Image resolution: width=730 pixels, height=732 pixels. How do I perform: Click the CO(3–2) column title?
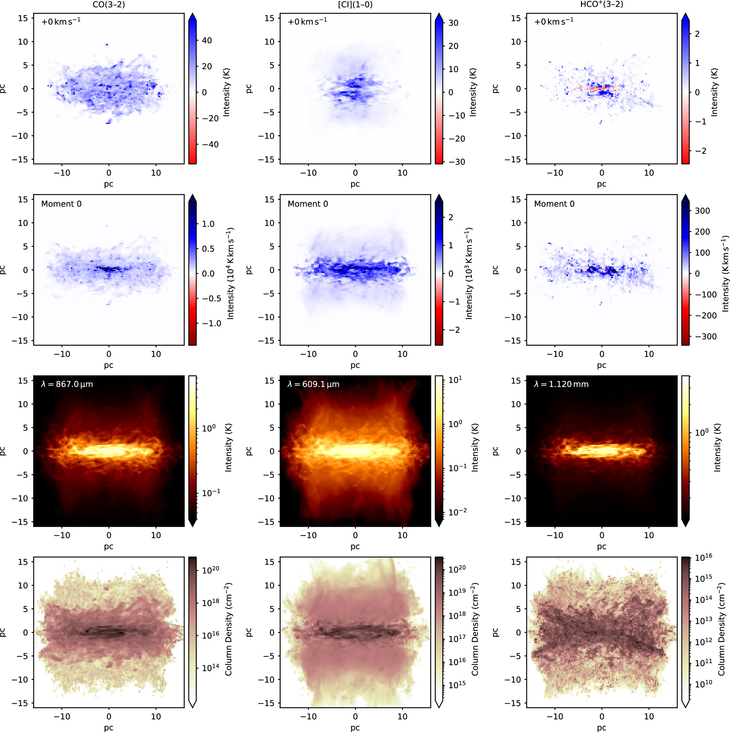[109, 4]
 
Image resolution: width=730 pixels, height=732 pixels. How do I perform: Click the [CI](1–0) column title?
[355, 4]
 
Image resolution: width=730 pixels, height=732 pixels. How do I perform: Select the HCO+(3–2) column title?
[602, 4]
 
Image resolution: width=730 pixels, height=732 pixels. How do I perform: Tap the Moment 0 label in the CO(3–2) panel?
[61, 204]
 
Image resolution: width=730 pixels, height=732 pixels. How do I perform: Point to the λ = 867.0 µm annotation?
[67, 384]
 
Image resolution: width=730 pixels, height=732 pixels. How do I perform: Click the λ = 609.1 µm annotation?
[313, 384]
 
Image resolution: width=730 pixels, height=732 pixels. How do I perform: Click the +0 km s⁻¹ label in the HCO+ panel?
[553, 21]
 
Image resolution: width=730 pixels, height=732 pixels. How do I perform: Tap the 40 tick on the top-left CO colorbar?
[207, 40]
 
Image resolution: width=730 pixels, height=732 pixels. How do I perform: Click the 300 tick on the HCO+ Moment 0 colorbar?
[702, 211]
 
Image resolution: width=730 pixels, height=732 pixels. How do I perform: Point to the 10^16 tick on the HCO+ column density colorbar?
[703, 556]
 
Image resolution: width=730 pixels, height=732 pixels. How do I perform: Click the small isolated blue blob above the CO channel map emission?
[107, 45]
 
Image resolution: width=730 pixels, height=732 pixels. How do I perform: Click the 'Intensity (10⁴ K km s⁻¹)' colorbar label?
[230, 274]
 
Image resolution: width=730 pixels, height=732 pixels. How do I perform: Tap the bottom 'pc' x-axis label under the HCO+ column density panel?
[602, 728]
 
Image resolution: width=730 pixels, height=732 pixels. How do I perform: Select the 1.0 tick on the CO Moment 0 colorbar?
[208, 224]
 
